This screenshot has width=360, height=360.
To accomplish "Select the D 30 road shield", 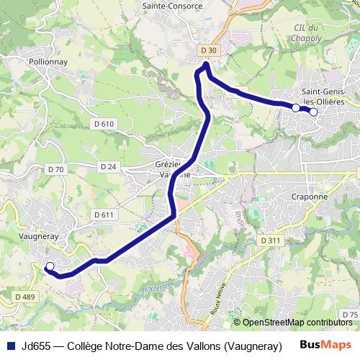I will [x=209, y=50].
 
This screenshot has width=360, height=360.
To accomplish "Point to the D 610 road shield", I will [x=104, y=124].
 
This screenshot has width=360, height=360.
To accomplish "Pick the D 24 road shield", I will [x=108, y=166].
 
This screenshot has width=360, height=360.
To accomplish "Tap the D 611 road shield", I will [x=104, y=215].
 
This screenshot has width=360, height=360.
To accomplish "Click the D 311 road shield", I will [x=269, y=240].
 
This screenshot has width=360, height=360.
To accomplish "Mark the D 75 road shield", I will [x=349, y=315].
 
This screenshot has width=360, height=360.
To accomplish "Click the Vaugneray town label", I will [x=35, y=235].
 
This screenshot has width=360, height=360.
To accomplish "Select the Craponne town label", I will [x=310, y=196].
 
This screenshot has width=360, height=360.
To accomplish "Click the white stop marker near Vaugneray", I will [x=50, y=267].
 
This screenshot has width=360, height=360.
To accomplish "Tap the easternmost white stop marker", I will [x=313, y=112].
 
